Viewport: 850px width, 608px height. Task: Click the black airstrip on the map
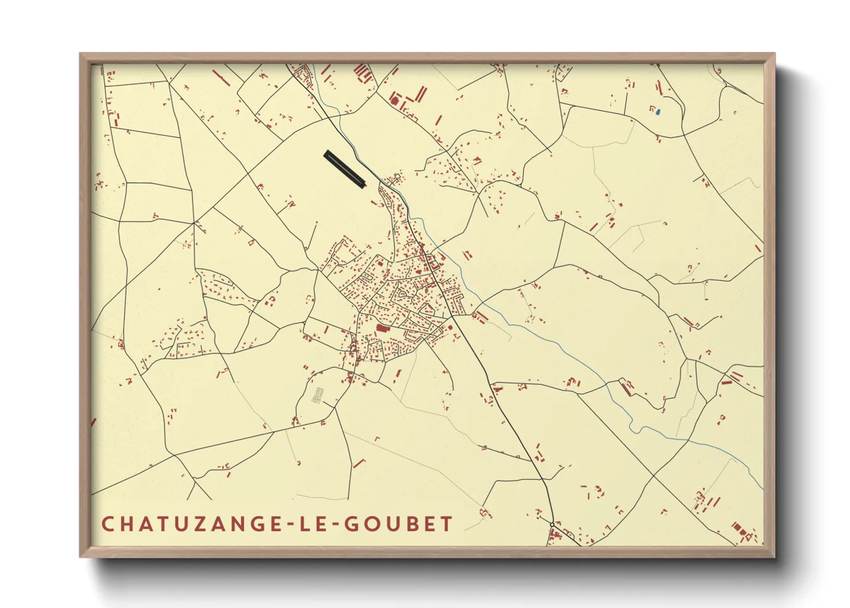pos(345,169)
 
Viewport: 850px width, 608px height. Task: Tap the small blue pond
pos(658,112)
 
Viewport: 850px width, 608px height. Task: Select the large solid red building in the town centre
pos(382,328)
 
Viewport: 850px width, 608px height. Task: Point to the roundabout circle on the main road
pos(552,525)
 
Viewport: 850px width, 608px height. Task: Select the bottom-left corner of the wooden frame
pos(81,556)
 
